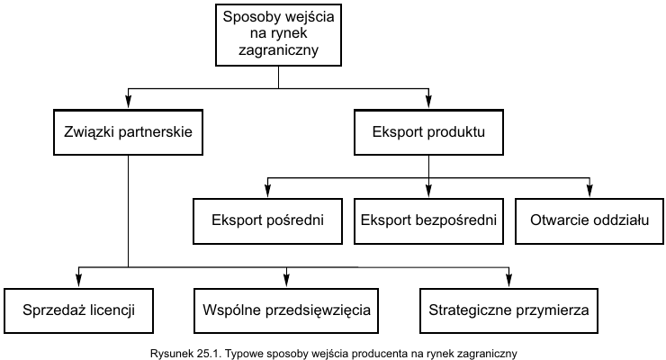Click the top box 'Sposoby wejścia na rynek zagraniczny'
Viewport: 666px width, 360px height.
[278, 35]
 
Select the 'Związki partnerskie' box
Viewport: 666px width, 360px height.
[128, 132]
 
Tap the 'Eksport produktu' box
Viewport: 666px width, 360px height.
[428, 132]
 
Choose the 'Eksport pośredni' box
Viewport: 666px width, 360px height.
[267, 220]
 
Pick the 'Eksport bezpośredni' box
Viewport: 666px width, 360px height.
[428, 220]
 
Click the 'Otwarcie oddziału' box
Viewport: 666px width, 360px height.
[589, 220]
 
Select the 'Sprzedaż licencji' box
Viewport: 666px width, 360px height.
[78, 310]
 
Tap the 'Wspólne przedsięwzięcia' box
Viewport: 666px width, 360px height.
[286, 310]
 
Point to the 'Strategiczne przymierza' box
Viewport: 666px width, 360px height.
[508, 310]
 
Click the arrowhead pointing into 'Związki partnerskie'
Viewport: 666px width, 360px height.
[129, 103]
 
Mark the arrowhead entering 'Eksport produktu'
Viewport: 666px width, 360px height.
[428, 103]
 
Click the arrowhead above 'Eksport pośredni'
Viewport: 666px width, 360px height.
[267, 192]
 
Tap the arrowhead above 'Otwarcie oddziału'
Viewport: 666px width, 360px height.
[589, 192]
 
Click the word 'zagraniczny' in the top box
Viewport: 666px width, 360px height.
[278, 50]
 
